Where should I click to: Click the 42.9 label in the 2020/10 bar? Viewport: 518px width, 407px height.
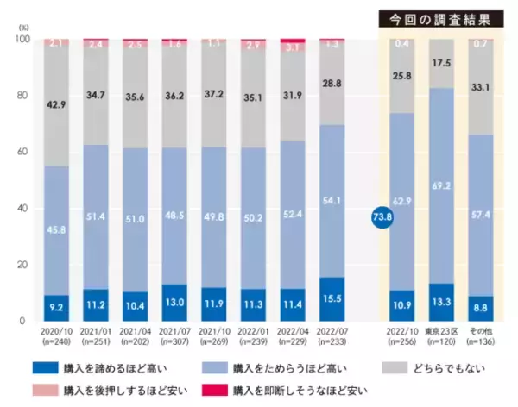click(x=57, y=104)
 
